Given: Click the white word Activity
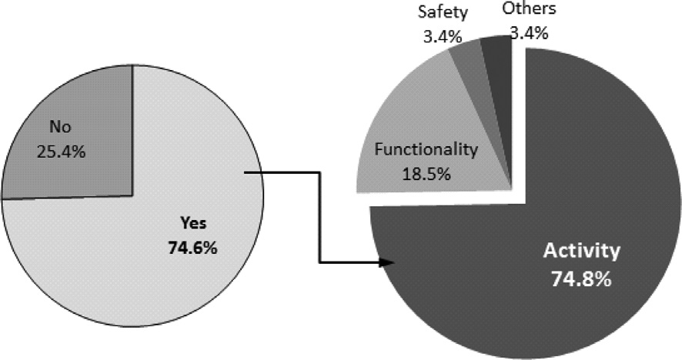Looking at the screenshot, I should coord(582,252).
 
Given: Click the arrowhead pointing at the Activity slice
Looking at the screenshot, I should coord(387,263).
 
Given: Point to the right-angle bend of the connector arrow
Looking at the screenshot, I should coord(318,174).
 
